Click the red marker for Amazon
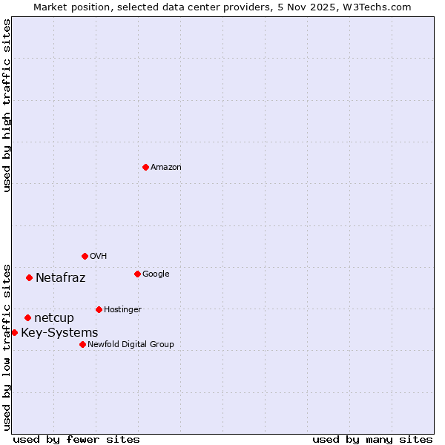145,167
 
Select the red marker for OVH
85,256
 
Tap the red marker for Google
137,274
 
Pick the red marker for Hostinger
99,309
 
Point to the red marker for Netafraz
29,277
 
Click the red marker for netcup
27,317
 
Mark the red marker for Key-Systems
14,332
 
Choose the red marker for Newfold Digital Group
82,344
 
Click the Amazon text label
166,168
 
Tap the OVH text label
99,257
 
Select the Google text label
156,274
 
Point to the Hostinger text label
122,310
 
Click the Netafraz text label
61,278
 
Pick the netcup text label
54,318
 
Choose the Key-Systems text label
59,333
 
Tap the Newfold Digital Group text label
131,345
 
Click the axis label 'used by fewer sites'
76,439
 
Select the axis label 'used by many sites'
372,439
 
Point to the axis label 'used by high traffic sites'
7,105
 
